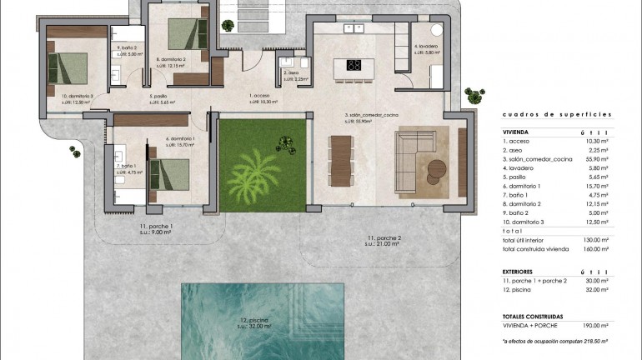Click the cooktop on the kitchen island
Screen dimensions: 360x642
[x=354, y=66]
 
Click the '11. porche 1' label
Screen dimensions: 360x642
[x=156, y=226]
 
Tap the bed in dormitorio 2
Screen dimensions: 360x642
[x=186, y=34]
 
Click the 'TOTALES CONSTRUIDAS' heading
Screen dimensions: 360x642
[x=533, y=317]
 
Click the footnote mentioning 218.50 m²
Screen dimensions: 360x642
[x=555, y=341]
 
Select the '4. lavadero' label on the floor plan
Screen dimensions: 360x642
[x=426, y=47]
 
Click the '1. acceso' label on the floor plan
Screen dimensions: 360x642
[x=260, y=96]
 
